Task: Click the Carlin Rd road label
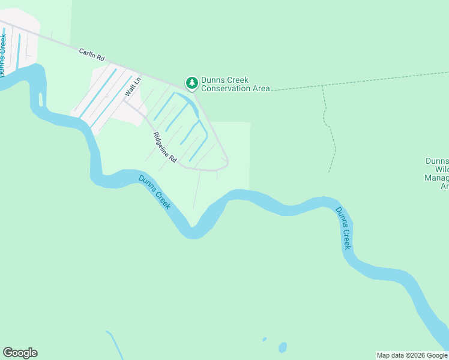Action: (x=92, y=55)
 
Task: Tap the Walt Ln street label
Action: (x=132, y=87)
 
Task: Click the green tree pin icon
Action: (x=191, y=83)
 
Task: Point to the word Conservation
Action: (x=226, y=89)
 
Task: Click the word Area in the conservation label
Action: (x=261, y=89)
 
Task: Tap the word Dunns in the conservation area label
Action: (x=214, y=80)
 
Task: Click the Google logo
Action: (x=20, y=353)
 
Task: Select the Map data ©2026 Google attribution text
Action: (x=412, y=355)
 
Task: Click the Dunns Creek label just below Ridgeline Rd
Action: (x=155, y=192)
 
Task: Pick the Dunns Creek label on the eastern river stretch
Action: (x=343, y=228)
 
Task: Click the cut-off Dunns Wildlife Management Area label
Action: (x=436, y=173)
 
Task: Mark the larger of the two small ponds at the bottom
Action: (x=282, y=347)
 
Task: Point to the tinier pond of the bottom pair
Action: (x=264, y=340)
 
